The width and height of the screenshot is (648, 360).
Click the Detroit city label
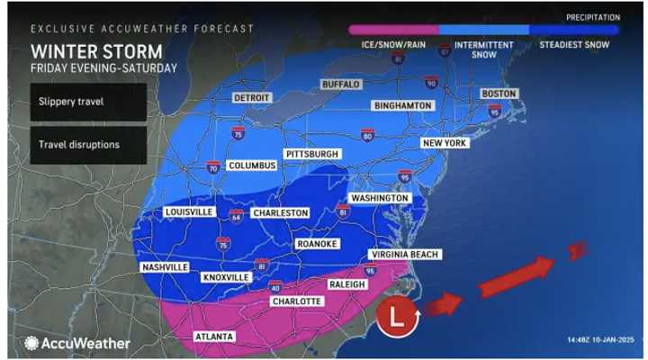252,97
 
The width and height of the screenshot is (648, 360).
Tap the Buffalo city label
341,84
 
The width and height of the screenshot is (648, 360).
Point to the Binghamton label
402,105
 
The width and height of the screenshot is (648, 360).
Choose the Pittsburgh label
312,154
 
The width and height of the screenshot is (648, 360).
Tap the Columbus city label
250,166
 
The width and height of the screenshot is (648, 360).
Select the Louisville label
189,211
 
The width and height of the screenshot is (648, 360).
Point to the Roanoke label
317,243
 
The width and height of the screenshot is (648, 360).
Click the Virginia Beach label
405,255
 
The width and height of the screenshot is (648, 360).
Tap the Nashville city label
165,267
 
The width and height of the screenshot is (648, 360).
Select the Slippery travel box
87,102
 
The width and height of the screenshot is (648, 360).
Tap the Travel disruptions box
87,144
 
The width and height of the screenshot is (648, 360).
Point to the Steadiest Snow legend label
575,44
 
